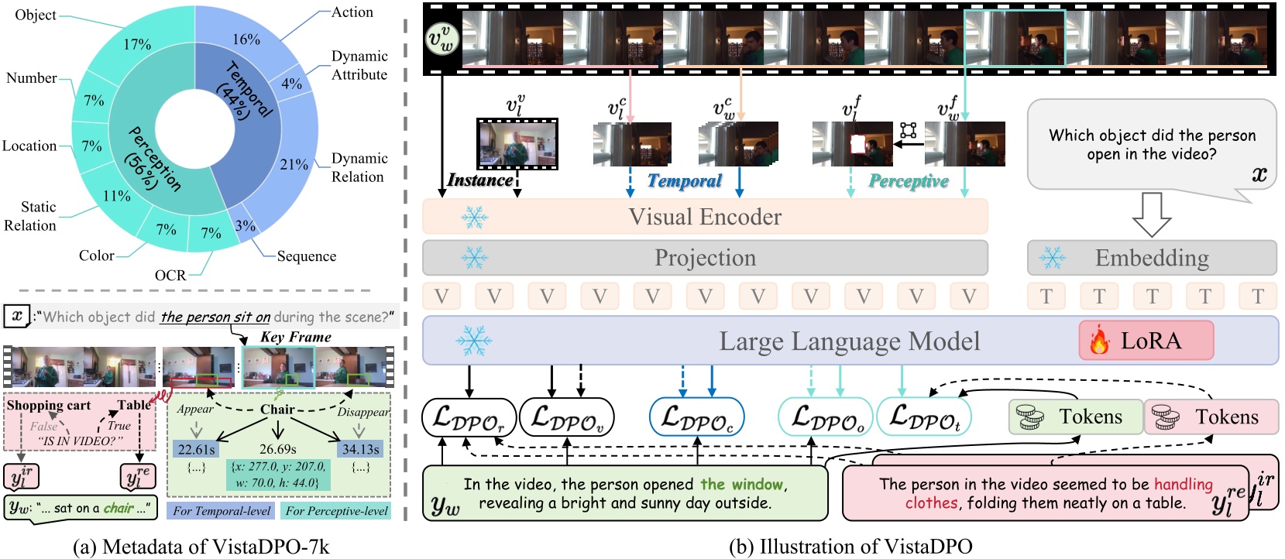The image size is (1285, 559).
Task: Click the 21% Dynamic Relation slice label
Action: (x=294, y=164)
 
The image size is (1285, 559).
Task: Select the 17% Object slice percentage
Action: (x=137, y=44)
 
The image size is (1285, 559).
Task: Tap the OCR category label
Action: (x=170, y=275)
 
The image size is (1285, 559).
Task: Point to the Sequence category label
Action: (x=307, y=256)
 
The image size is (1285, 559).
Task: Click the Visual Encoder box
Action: (x=704, y=217)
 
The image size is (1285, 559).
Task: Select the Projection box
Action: (x=704, y=258)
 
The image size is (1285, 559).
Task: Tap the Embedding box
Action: (x=1151, y=258)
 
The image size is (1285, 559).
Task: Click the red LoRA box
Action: (x=1146, y=341)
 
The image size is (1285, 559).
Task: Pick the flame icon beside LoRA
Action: (x=1099, y=341)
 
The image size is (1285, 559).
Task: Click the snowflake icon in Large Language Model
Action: (x=473, y=341)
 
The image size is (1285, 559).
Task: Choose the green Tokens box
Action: (x=1075, y=417)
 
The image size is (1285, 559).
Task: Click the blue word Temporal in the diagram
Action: (x=684, y=180)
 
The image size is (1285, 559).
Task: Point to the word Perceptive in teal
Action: (x=908, y=180)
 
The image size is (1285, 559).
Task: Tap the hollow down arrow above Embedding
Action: (x=1151, y=214)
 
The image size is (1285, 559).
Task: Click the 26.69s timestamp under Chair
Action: (x=277, y=449)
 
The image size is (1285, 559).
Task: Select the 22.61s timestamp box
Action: (x=196, y=449)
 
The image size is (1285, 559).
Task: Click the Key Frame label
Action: (x=295, y=337)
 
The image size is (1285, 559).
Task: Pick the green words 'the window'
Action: (x=741, y=484)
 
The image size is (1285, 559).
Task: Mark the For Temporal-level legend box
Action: (x=222, y=511)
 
